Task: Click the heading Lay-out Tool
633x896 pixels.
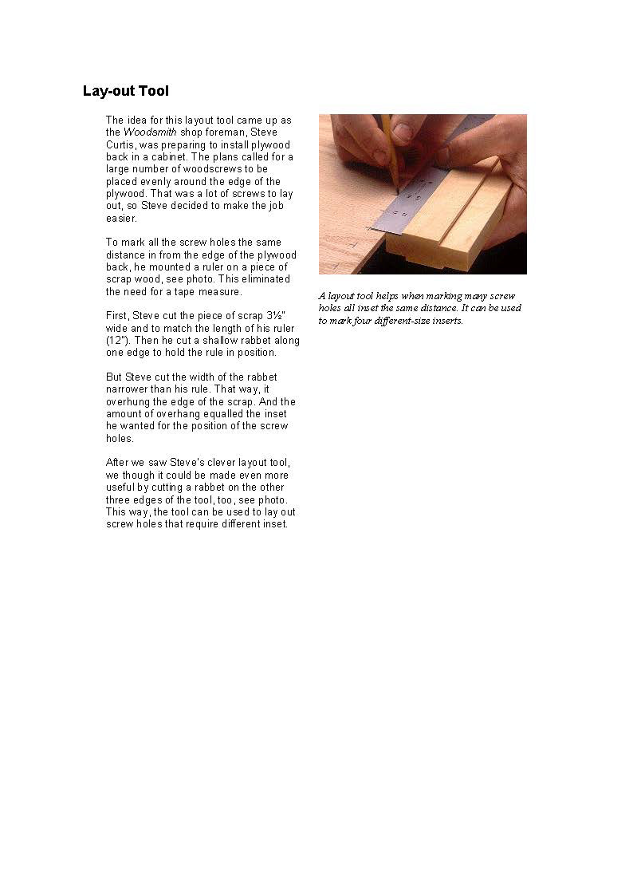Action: [125, 91]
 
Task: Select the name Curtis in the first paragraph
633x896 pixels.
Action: [121, 144]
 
